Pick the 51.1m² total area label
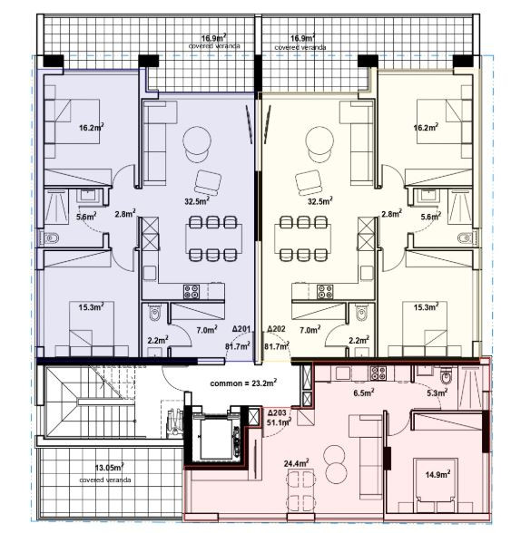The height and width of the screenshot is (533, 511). coord(277,422)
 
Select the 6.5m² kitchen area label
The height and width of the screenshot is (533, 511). coord(363,394)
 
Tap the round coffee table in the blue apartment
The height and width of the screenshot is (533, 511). coord(197,141)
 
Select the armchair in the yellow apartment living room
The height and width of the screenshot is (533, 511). coord(310,181)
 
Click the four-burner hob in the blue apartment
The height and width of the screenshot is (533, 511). coord(192,292)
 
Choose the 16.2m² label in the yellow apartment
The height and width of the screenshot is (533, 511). coord(427,128)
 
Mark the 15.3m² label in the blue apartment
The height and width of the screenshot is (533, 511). coord(90,307)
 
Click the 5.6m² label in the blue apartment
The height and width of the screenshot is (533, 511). coord(86,217)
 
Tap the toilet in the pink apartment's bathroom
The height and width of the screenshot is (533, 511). coord(445,377)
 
